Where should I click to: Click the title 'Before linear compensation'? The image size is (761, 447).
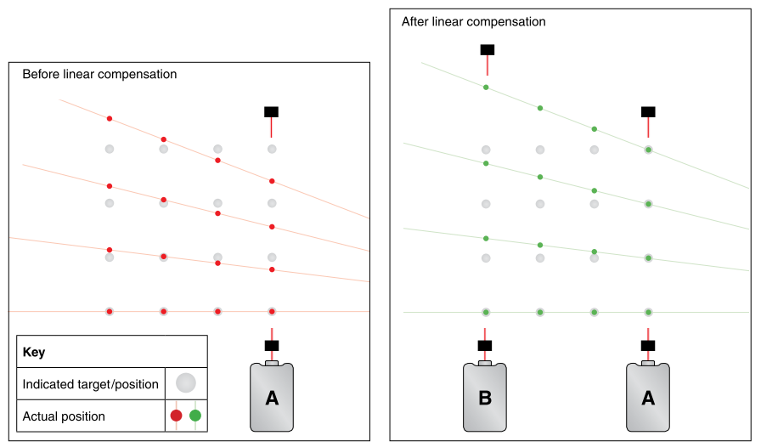(99, 74)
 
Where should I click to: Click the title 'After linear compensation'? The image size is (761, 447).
(473, 21)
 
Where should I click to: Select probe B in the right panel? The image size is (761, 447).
(485, 397)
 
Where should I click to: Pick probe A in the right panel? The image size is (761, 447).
(648, 397)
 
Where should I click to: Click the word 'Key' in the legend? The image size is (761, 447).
(34, 352)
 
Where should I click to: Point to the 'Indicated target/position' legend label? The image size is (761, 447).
(90, 384)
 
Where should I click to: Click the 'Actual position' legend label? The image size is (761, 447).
(64, 416)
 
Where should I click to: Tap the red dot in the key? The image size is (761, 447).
(176, 416)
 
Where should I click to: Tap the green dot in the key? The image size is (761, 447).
(195, 416)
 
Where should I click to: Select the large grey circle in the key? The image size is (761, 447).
(186, 383)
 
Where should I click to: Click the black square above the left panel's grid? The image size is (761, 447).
(271, 111)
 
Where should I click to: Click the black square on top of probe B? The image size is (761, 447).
(485, 345)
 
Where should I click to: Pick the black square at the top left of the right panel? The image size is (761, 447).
(488, 49)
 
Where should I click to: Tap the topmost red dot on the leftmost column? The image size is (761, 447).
(110, 118)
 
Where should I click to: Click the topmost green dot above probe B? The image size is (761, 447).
(486, 88)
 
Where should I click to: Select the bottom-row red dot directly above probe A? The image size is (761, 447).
(272, 312)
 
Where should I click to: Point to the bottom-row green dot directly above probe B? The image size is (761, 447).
(486, 312)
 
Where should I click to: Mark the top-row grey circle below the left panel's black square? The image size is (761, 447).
(272, 149)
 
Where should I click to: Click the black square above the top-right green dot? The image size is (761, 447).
(648, 111)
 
